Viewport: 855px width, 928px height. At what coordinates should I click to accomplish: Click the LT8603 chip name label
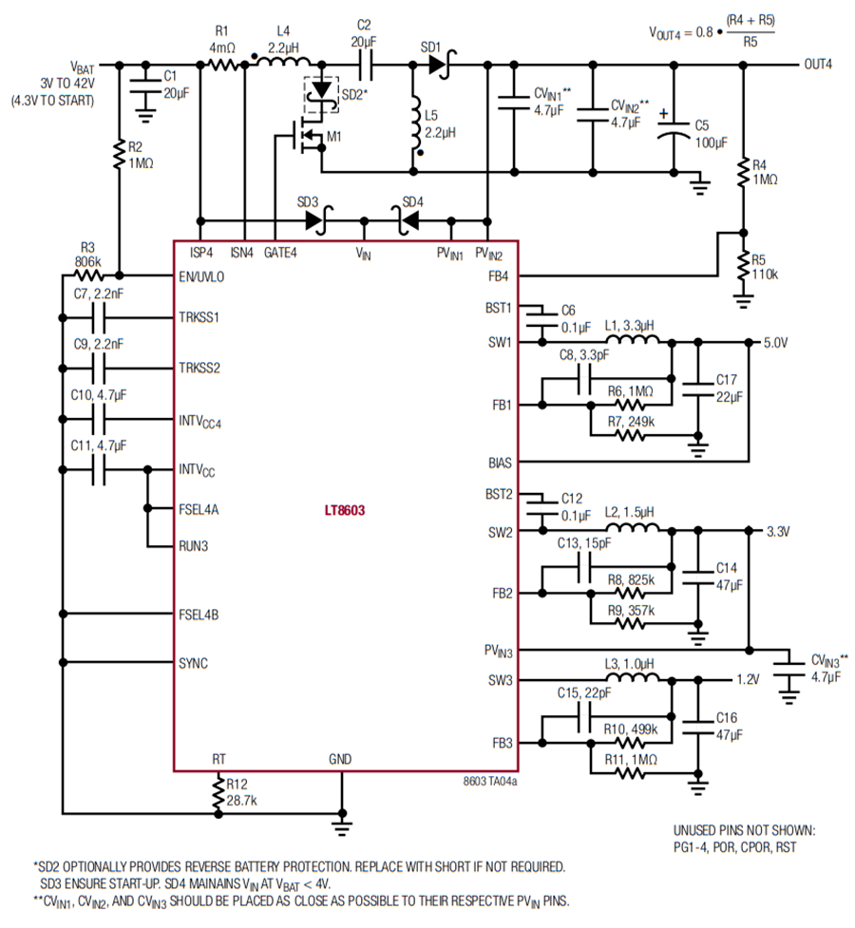pos(345,510)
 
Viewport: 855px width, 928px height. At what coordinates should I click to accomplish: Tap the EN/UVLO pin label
pos(201,276)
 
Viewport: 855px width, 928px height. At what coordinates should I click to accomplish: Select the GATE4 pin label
pos(280,253)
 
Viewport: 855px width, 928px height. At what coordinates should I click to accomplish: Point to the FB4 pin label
pos(498,276)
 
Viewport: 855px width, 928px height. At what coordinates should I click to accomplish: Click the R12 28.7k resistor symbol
pos(218,792)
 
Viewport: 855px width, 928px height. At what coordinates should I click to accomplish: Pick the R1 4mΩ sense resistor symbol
pos(223,65)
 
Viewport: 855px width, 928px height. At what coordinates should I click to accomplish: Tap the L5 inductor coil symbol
pos(416,123)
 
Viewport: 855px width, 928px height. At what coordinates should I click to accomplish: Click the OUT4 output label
pos(818,64)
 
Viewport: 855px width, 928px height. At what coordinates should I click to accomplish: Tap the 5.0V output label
pos(775,343)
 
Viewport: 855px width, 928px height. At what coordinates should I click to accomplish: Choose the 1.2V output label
pos(748,679)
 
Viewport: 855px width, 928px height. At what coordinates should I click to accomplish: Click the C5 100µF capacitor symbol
pos(674,129)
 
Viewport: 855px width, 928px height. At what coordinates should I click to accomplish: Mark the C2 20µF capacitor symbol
pos(365,65)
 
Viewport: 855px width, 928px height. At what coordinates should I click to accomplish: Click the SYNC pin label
pos(193,663)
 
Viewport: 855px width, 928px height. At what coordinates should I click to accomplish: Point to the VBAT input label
pos(83,67)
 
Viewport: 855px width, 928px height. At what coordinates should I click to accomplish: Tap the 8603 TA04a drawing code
pos(489,781)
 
